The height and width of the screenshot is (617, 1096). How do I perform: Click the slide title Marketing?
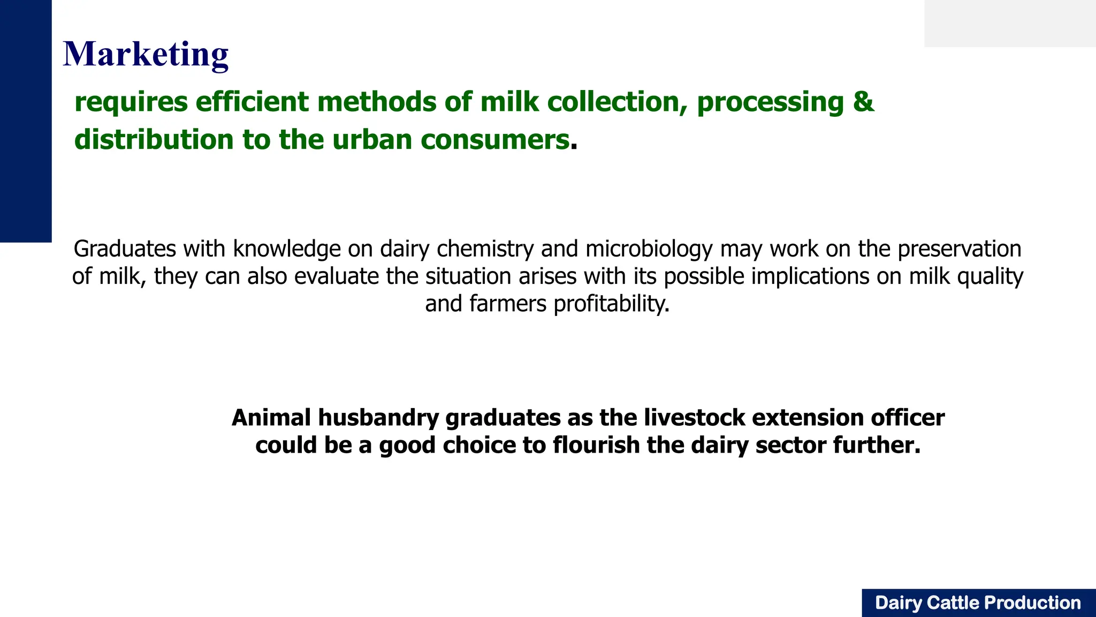(x=146, y=54)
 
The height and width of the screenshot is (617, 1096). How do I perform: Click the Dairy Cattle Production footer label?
(x=978, y=603)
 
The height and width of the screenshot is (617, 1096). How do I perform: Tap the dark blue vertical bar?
(x=26, y=121)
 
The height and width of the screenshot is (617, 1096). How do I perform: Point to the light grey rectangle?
(x=1010, y=23)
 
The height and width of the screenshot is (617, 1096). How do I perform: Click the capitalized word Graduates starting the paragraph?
(x=125, y=249)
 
